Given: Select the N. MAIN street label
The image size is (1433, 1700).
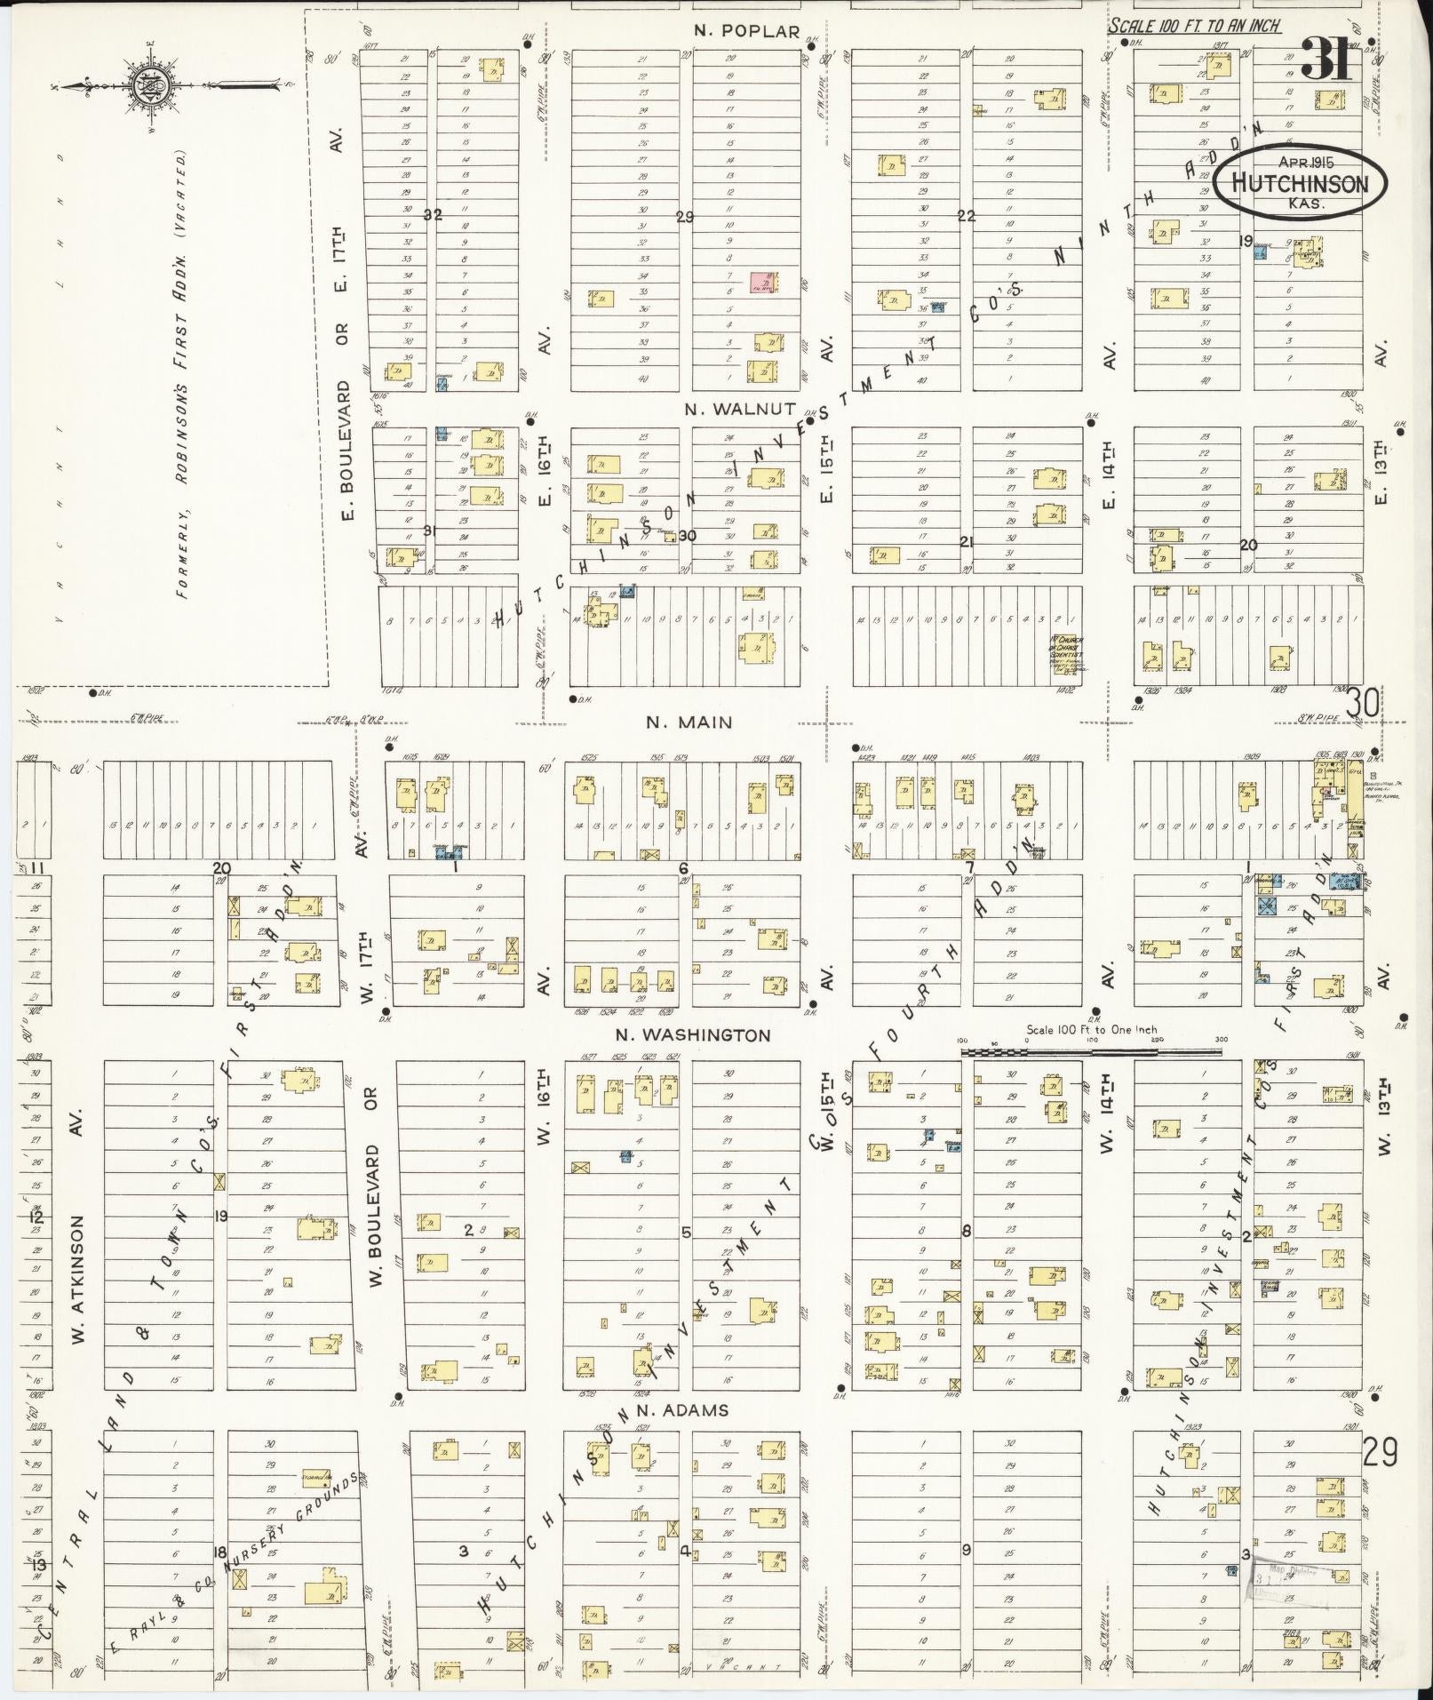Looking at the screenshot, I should [x=689, y=722].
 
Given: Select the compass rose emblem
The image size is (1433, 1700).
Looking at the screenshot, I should [x=143, y=87].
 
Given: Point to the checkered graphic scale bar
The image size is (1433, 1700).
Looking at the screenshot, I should [x=1091, y=1051].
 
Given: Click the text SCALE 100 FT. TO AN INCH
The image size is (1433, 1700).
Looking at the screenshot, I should [x=1193, y=26].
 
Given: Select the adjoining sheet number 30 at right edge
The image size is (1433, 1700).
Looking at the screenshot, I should [x=1362, y=705].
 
